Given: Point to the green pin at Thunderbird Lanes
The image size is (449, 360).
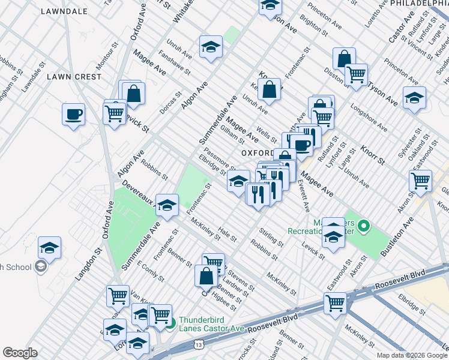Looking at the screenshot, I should click(x=171, y=325).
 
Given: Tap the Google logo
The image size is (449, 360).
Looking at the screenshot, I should click(x=20, y=353).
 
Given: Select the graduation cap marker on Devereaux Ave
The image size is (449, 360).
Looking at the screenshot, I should click(x=166, y=205).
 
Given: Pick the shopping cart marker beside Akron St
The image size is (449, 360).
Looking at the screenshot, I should click(x=420, y=179).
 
